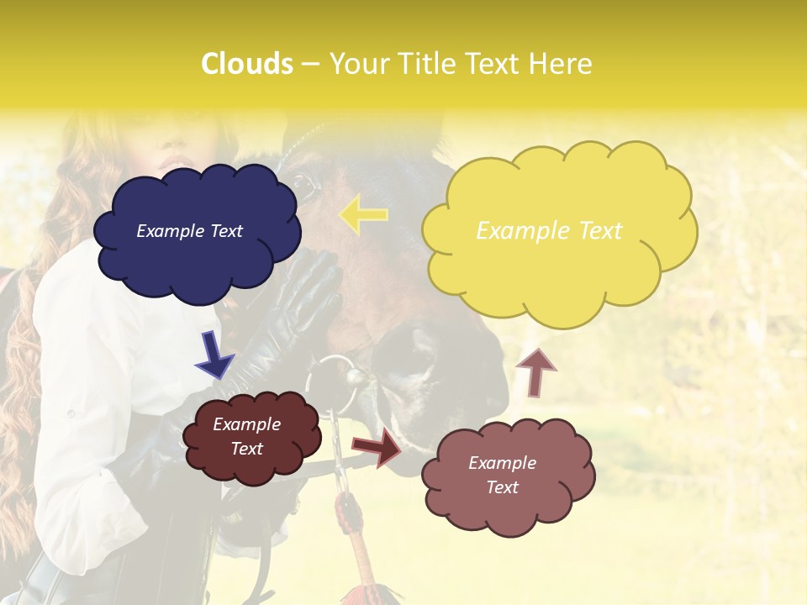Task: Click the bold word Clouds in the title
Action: [x=247, y=64]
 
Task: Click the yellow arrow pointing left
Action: [x=363, y=214]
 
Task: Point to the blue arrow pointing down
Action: [x=214, y=355]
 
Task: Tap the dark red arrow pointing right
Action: [x=377, y=447]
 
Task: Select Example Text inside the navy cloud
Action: [x=189, y=231]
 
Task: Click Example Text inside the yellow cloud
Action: [x=549, y=231]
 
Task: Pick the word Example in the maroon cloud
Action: [x=246, y=424]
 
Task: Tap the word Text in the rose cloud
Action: [x=503, y=487]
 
